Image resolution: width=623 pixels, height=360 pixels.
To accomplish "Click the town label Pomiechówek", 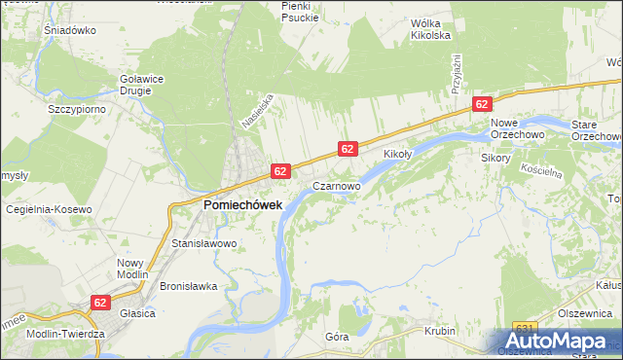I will click(x=242, y=205).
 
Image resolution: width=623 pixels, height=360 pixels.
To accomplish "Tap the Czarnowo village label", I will click(x=337, y=184).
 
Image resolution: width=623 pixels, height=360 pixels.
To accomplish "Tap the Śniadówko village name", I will click(x=67, y=30).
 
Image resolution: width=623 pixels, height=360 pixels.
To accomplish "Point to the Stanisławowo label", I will click(x=203, y=243).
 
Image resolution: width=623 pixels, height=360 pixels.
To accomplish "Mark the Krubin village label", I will click(x=440, y=331).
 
